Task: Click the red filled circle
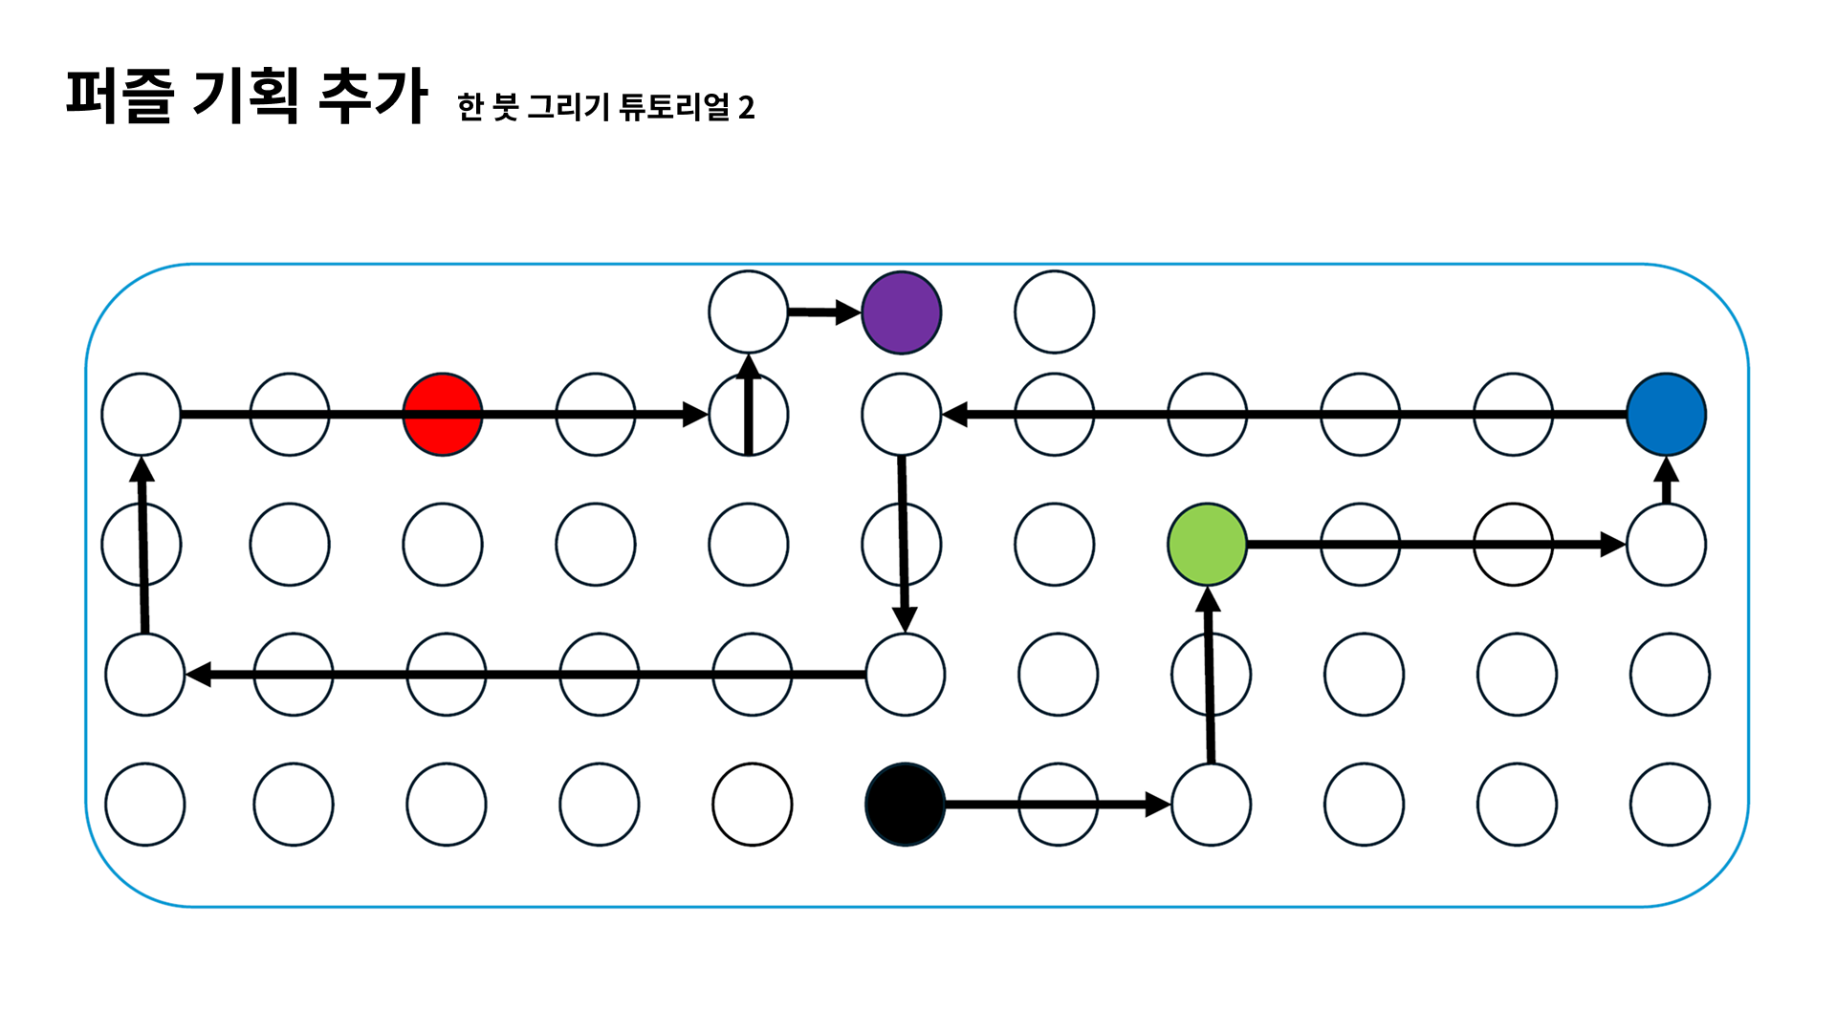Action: pyautogui.click(x=442, y=415)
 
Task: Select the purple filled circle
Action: pyautogui.click(x=901, y=312)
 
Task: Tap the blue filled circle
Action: pyautogui.click(x=1666, y=415)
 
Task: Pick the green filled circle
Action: pyautogui.click(x=1207, y=545)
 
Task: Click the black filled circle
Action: pyautogui.click(x=905, y=805)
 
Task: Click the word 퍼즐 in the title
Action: pyautogui.click(x=120, y=96)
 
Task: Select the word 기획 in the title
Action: pyautogui.click(x=246, y=96)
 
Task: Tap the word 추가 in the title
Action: pyautogui.click(x=372, y=96)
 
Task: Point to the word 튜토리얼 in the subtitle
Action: pyautogui.click(x=674, y=106)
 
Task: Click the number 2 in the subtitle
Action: pyautogui.click(x=747, y=108)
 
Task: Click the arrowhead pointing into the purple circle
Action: pyautogui.click(x=847, y=312)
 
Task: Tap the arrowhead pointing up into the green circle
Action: pyautogui.click(x=1208, y=599)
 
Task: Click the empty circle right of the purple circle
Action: pyautogui.click(x=1054, y=312)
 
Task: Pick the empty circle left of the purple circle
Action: pyautogui.click(x=748, y=312)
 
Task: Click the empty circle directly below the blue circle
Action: pyautogui.click(x=1666, y=545)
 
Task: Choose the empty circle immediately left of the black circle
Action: pyautogui.click(x=752, y=805)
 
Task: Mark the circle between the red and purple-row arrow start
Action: pyautogui.click(x=595, y=415)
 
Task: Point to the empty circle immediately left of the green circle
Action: pyautogui.click(x=1054, y=545)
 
